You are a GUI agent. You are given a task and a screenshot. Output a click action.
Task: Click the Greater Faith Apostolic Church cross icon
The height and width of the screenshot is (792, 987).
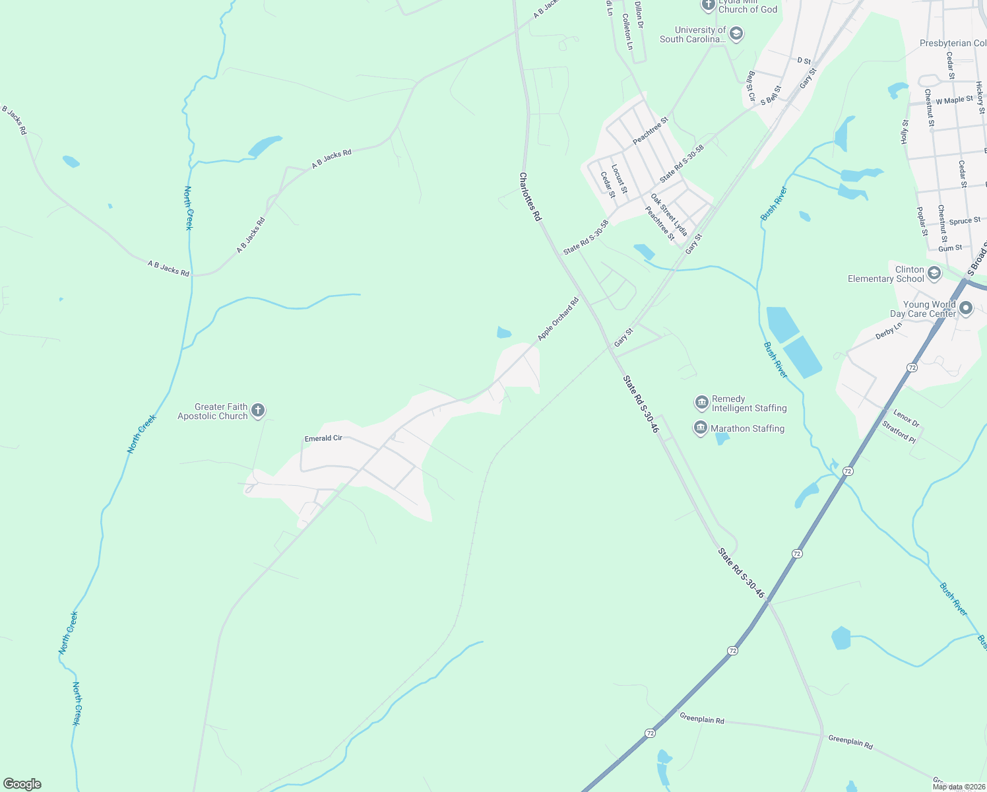pyautogui.click(x=258, y=411)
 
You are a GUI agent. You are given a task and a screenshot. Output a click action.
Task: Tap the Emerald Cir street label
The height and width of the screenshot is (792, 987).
pyautogui.click(x=323, y=438)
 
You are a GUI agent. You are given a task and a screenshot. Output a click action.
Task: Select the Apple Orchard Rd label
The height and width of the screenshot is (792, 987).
pyautogui.click(x=557, y=319)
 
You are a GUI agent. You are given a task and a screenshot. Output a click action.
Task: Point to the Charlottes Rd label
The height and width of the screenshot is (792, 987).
pyautogui.click(x=530, y=197)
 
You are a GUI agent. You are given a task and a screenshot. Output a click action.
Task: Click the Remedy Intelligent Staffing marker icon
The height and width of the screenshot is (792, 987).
pyautogui.click(x=701, y=403)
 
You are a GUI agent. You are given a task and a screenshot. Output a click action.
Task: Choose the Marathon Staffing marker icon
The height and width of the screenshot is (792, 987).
pyautogui.click(x=700, y=428)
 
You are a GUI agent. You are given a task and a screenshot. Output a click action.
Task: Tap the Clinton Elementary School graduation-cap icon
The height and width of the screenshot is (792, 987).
pyautogui.click(x=934, y=273)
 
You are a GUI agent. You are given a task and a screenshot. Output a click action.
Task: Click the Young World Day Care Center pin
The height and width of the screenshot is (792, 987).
pyautogui.click(x=966, y=308)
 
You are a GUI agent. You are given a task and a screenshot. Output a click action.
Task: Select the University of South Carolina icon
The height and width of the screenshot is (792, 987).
pyautogui.click(x=736, y=34)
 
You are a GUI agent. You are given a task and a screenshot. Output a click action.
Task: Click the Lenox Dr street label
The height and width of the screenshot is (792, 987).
pyautogui.click(x=906, y=418)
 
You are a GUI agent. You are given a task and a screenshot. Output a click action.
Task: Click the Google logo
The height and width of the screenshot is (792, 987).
pyautogui.click(x=22, y=784)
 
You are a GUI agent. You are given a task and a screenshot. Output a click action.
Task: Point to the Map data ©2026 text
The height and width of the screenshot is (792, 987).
pyautogui.click(x=959, y=787)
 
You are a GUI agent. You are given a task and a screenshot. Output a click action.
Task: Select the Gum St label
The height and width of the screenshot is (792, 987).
pyautogui.click(x=950, y=248)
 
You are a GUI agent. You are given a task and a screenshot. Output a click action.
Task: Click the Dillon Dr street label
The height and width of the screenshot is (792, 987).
pyautogui.click(x=639, y=15)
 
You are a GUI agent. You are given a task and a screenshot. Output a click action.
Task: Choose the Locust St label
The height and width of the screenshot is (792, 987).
pyautogui.click(x=619, y=179)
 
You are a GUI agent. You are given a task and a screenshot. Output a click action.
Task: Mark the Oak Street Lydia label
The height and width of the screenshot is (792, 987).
pyautogui.click(x=668, y=214)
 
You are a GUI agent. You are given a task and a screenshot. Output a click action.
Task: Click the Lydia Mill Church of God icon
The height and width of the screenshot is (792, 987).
pyautogui.click(x=708, y=6)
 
